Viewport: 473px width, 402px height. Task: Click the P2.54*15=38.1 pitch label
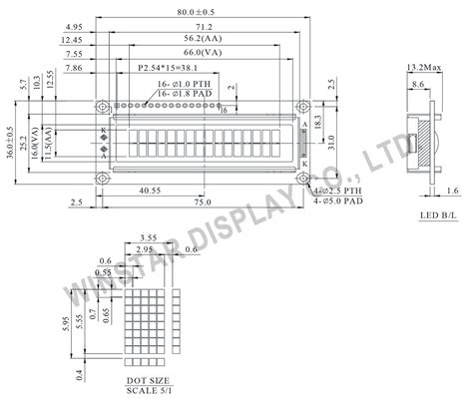point(167,70)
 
